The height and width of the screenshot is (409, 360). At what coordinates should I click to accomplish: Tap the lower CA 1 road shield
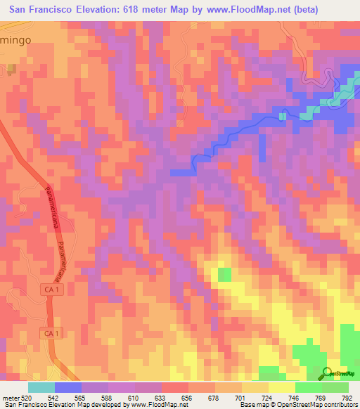[x=49, y=332]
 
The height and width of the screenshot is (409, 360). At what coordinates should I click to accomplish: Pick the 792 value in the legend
[x=345, y=398]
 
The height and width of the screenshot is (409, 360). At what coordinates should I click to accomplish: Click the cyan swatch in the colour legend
[x=41, y=387]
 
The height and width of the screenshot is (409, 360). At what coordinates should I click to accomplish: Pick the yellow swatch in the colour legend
[x=281, y=387]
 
